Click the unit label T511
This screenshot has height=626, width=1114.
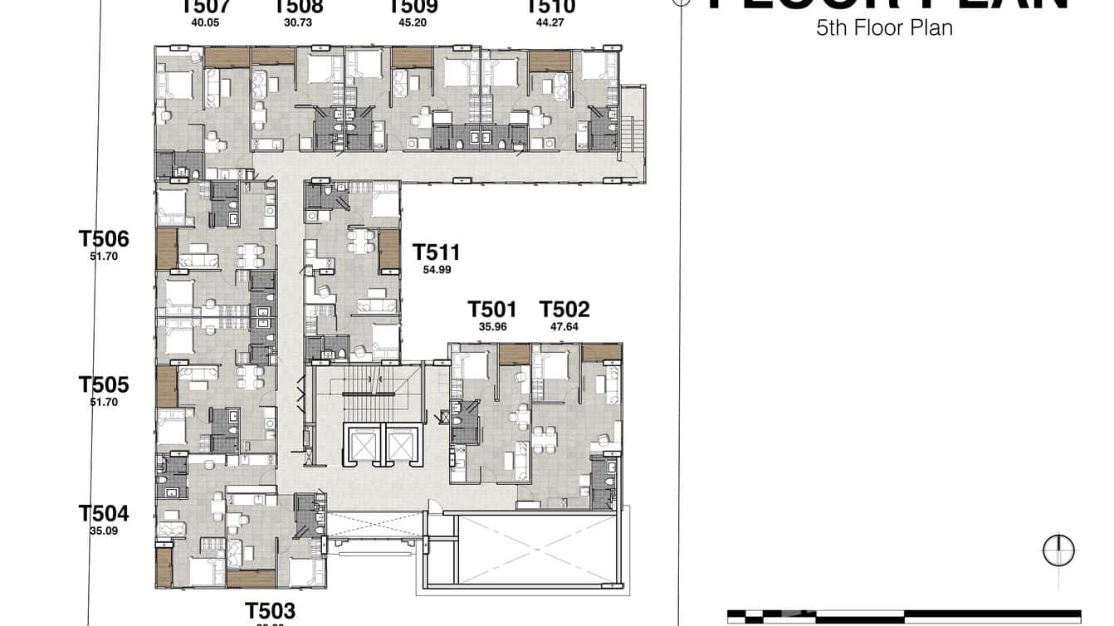coord(436,252)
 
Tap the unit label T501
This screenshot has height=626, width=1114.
coord(491,310)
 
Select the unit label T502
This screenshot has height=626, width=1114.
coord(564,310)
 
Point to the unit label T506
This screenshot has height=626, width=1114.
coord(104,239)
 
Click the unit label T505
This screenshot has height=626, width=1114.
coord(104,384)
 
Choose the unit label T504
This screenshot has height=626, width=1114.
coord(104,512)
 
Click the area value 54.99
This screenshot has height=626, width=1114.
coord(437,270)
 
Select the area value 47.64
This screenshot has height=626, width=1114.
coord(564,327)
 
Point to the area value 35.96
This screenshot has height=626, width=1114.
coord(492,327)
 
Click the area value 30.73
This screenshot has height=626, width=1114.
coord(298,22)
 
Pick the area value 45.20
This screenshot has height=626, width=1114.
coord(413,22)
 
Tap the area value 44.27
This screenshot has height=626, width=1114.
coord(550,22)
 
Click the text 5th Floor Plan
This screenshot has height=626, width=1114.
coord(884,28)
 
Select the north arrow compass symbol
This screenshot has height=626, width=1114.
coord(1058,550)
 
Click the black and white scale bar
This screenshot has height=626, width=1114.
coord(905,616)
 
